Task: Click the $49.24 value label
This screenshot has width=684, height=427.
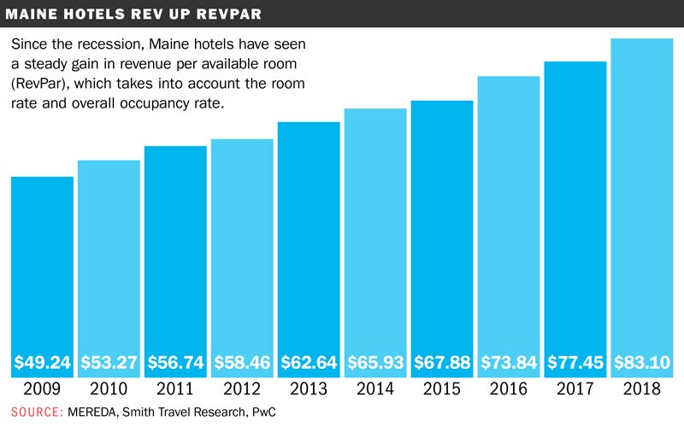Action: (x=42, y=362)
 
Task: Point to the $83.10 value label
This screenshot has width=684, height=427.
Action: (x=643, y=362)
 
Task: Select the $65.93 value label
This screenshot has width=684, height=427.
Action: (x=375, y=362)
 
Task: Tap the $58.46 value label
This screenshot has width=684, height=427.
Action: (x=242, y=362)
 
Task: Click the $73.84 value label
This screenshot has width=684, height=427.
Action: (x=509, y=362)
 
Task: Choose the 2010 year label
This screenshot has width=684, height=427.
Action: (x=109, y=389)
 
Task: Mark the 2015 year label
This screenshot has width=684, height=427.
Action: (x=442, y=389)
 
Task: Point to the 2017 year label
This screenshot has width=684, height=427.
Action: (x=575, y=389)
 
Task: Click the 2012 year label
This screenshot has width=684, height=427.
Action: (x=242, y=389)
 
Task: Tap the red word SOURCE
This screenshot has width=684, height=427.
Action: (x=36, y=412)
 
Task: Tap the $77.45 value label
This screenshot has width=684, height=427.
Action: (x=575, y=362)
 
